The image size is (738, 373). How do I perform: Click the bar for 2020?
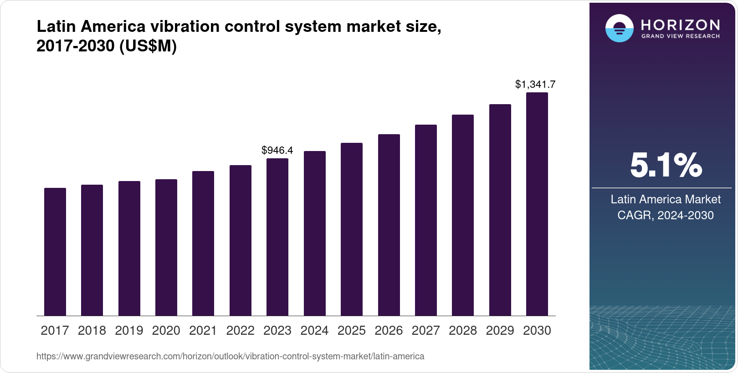(166, 247)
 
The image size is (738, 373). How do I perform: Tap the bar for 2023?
(277, 237)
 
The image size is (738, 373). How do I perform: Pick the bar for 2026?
(389, 225)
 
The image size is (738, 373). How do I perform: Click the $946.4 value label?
(277, 150)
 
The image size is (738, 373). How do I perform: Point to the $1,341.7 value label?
(535, 84)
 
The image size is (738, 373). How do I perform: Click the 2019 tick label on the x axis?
(129, 331)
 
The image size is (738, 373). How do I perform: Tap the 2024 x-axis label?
(314, 331)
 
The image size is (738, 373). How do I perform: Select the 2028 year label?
(463, 331)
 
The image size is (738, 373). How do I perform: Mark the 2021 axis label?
(203, 331)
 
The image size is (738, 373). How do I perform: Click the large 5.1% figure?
(666, 165)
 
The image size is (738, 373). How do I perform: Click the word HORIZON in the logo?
(680, 25)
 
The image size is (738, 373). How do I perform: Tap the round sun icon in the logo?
(619, 28)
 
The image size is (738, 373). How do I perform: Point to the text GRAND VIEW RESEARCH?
(680, 36)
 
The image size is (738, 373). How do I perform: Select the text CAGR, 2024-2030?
(665, 215)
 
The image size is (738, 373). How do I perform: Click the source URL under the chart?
(230, 357)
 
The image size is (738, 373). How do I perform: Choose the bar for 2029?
(500, 210)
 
